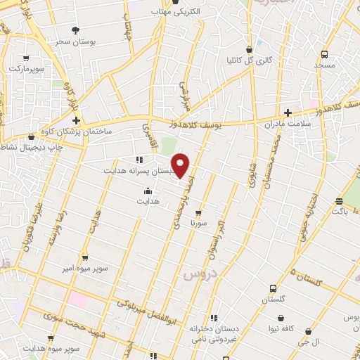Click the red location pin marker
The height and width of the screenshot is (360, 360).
click(181, 165)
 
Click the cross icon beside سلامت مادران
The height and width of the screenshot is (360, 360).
click(288, 112)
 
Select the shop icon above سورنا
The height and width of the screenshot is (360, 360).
click(198, 212)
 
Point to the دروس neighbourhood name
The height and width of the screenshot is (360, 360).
click(198, 273)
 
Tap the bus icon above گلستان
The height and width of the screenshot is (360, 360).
click(274, 288)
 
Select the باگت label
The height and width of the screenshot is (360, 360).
click(340, 210)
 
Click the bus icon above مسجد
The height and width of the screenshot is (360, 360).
click(324, 54)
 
